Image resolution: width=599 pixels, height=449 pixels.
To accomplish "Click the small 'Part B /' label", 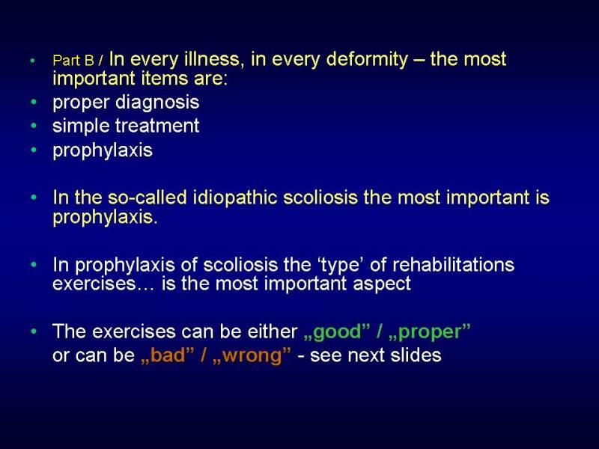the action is click(78, 61).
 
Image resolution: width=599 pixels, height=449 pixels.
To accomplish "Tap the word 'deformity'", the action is click(368, 60).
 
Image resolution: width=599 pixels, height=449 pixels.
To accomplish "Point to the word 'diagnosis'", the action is click(157, 103).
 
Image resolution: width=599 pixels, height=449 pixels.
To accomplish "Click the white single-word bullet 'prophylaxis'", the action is click(103, 150).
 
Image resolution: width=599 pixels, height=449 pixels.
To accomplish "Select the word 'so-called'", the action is click(147, 198).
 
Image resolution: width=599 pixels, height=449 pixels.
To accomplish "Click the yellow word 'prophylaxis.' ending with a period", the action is click(105, 218).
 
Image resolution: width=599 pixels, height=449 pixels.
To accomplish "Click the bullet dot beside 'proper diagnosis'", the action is click(34, 102).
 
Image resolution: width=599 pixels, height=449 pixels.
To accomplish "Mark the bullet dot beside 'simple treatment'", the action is click(34, 126).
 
